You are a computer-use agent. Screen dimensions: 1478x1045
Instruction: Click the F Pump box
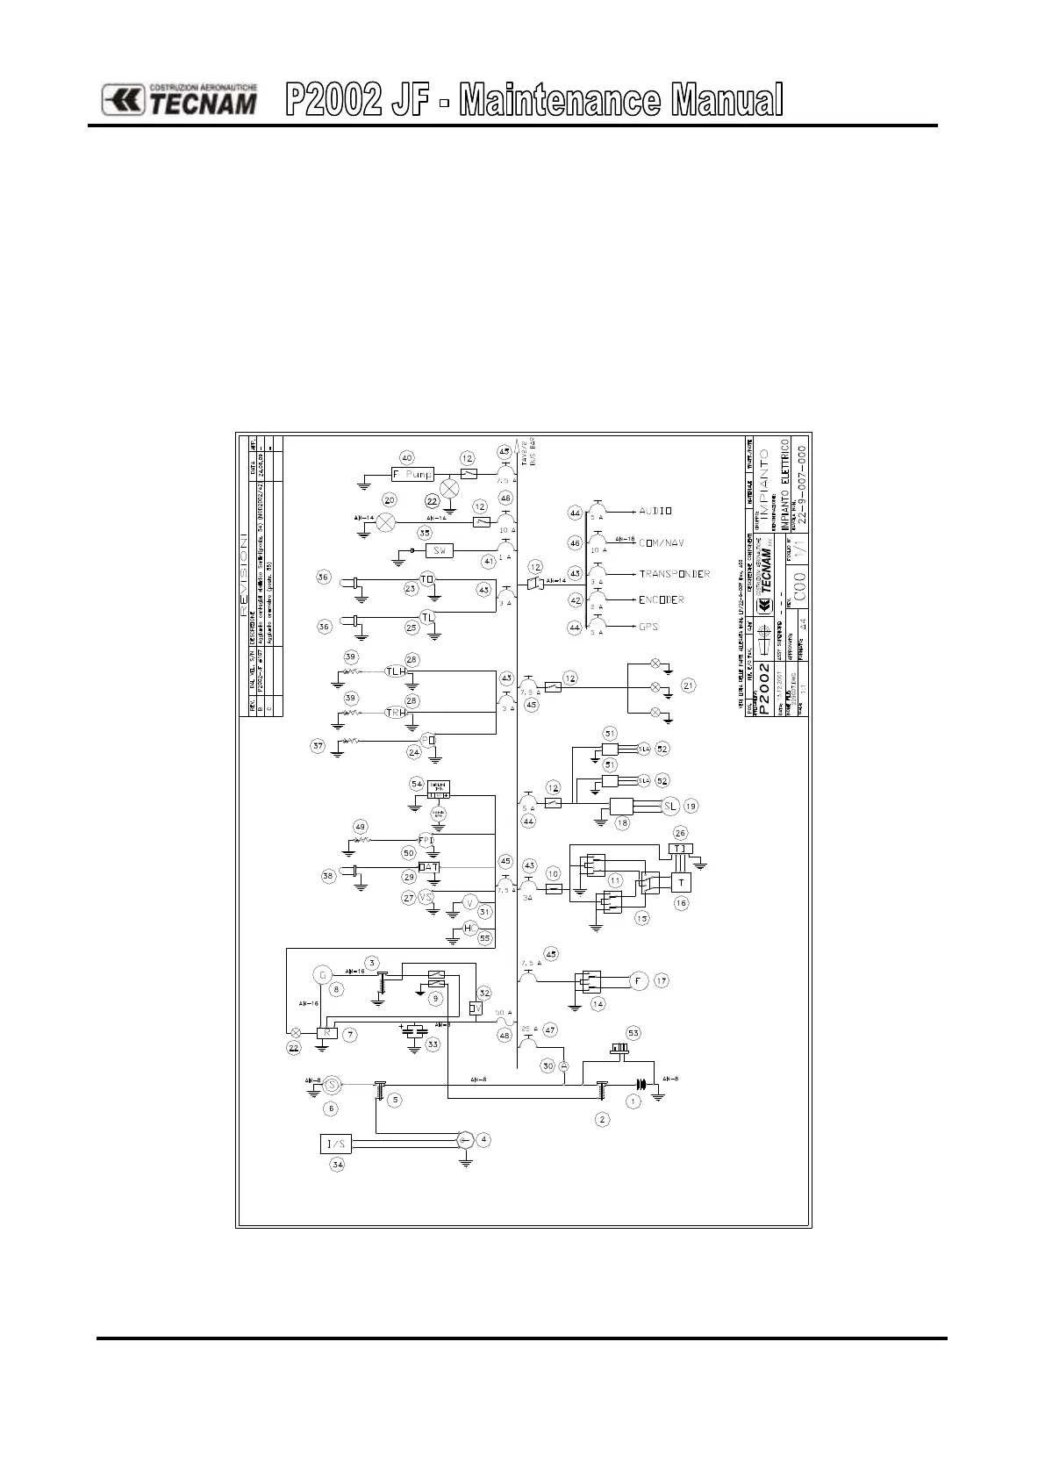click(413, 475)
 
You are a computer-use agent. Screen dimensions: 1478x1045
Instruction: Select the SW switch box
click(440, 550)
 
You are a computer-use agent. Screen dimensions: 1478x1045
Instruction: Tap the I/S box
click(337, 1144)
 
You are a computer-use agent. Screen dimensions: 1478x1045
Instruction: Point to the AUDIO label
click(655, 510)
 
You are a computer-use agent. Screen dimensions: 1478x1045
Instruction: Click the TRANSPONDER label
click(674, 574)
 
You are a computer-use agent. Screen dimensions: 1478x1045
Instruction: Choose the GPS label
click(648, 627)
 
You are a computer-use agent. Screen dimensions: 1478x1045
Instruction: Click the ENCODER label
click(662, 600)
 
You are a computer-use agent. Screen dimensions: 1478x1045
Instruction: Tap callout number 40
click(406, 457)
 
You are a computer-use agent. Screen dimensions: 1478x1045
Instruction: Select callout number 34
click(337, 1165)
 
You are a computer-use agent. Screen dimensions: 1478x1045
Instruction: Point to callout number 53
click(633, 1032)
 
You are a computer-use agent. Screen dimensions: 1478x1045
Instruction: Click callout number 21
click(688, 685)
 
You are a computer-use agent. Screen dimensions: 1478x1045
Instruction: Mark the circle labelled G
click(323, 974)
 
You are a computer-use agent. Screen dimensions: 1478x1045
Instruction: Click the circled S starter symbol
click(332, 1085)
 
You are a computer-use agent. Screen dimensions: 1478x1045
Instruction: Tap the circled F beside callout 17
click(638, 981)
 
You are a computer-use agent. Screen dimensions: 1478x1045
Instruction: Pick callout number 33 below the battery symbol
click(433, 1044)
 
